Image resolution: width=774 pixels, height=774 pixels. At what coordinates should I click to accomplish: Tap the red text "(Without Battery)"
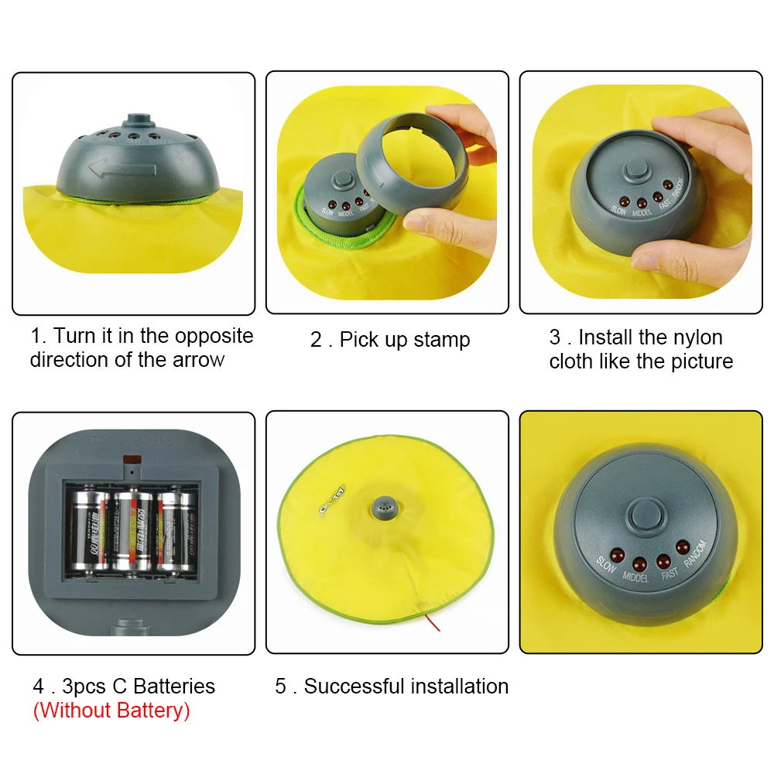[x=111, y=710]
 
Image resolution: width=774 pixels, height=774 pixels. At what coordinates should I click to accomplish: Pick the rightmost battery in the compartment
[x=177, y=530]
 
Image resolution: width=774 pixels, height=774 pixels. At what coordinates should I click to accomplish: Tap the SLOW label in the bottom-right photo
[x=606, y=567]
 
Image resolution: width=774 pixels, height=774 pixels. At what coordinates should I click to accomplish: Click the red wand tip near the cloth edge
[x=437, y=623]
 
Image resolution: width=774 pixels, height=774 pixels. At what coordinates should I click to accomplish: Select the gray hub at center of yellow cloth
[x=385, y=508]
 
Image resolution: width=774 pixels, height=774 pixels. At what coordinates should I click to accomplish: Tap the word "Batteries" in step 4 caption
[x=174, y=686]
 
